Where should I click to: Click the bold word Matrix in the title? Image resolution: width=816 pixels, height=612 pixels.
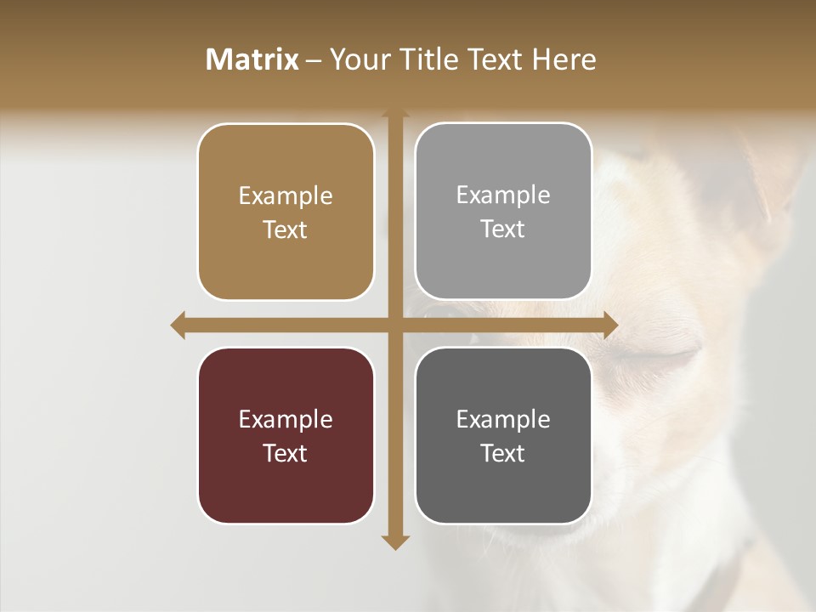(x=252, y=59)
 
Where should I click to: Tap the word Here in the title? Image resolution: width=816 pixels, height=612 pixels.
(x=564, y=59)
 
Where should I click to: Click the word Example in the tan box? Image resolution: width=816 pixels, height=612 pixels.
(x=286, y=196)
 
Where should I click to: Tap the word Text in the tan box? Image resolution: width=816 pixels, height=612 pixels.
(x=286, y=230)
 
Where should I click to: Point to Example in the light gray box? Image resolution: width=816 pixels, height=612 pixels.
(x=503, y=195)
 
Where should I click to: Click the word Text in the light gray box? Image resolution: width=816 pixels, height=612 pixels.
(x=503, y=229)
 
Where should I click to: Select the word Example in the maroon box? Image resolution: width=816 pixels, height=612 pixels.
(x=286, y=420)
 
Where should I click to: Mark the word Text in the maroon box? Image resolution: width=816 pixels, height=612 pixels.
(x=286, y=454)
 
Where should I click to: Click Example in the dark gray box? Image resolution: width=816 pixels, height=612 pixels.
(x=503, y=420)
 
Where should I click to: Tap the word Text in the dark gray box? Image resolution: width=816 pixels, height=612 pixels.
(x=503, y=454)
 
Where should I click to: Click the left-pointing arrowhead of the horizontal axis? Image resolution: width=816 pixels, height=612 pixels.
(x=178, y=325)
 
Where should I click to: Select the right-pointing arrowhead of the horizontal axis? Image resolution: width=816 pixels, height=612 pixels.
(x=611, y=325)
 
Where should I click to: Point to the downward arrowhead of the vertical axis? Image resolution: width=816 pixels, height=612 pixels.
(x=395, y=542)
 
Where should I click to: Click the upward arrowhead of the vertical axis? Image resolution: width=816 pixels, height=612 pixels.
(x=395, y=113)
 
